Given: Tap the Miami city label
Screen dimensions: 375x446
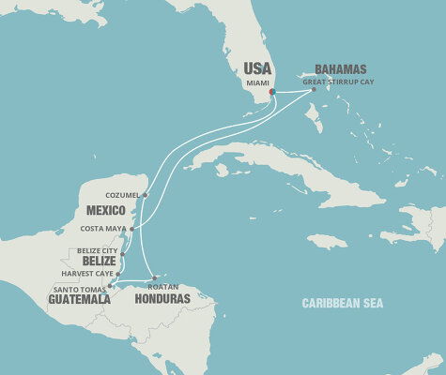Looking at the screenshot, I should coord(256,82).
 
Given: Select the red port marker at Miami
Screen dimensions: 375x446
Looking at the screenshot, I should coord(272,92).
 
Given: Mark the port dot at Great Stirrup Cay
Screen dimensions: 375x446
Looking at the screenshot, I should coord(314,89).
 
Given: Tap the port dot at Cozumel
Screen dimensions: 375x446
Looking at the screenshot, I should coord(145,195).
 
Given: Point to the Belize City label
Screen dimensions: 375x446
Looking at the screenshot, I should coord(98,252).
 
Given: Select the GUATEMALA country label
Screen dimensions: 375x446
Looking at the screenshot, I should coord(78,299).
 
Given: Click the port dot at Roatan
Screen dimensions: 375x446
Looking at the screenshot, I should coord(154,277).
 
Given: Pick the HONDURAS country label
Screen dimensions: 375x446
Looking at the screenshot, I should coord(161,299).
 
